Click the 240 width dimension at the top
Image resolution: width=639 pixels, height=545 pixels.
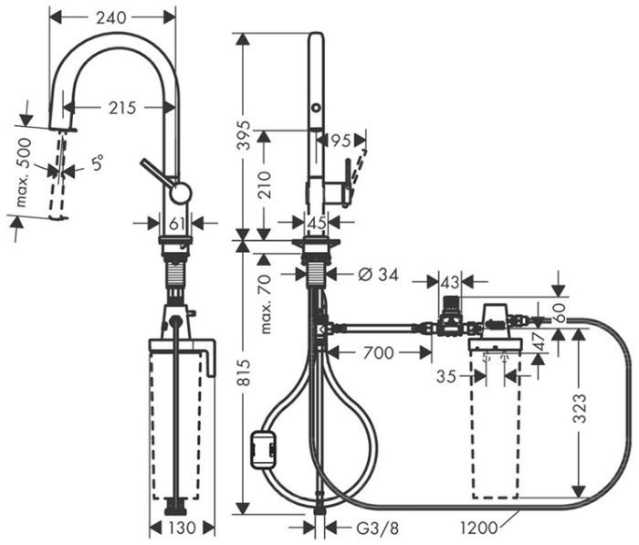coord(111,16)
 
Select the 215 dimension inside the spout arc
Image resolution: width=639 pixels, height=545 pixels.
coord(122,108)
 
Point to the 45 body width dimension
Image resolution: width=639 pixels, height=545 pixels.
coord(316,222)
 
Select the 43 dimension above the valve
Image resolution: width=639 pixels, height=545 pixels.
coord(449,283)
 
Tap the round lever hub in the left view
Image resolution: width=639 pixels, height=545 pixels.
coord(181,192)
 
